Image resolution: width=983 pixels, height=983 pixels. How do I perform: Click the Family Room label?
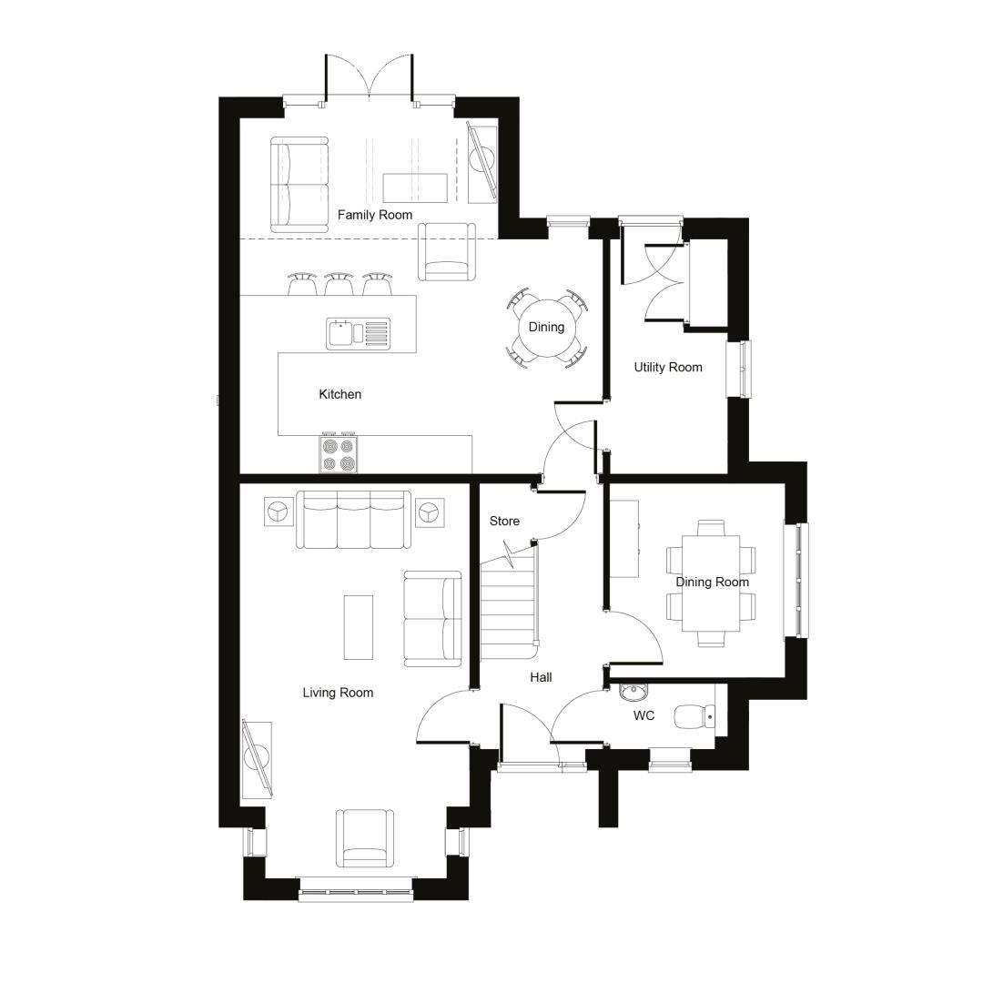[375, 215]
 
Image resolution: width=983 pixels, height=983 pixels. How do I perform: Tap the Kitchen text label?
[340, 394]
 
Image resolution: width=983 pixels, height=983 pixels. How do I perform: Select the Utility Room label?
[668, 368]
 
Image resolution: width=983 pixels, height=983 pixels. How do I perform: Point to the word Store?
[504, 521]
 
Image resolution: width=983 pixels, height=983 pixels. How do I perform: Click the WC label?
[644, 716]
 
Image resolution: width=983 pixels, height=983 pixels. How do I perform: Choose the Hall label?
[541, 677]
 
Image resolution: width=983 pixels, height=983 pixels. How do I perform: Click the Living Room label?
[338, 693]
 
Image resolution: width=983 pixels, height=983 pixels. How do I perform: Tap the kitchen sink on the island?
[358, 333]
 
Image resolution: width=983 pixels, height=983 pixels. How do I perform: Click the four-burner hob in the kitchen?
[339, 454]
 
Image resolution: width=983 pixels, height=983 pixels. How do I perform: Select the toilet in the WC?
[694, 716]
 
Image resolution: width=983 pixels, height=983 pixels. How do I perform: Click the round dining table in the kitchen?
[547, 328]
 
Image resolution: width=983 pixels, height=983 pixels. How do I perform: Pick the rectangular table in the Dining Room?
[711, 583]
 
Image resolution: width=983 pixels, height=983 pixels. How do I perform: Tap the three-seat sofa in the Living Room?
[353, 520]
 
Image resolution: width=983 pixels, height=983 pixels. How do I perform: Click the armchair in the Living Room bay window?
[365, 838]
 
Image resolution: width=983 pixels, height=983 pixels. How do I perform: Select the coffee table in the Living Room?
[359, 627]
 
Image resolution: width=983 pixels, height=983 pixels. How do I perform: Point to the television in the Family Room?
[482, 164]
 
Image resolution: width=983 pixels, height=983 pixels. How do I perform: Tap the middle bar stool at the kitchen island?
[339, 284]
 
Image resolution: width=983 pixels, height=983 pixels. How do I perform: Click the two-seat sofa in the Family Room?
[299, 185]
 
